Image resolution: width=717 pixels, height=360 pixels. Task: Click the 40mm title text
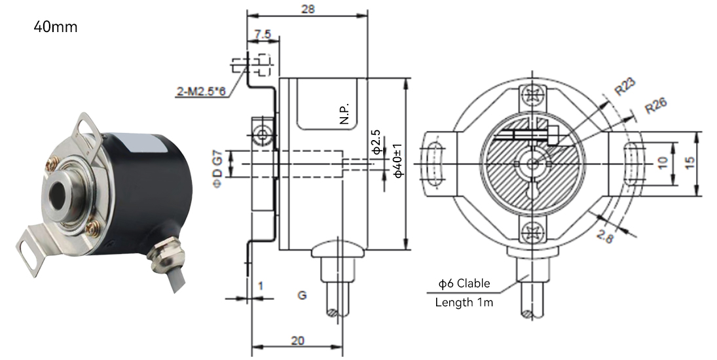(x=55, y=27)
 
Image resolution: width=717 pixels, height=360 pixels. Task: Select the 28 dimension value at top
(x=308, y=9)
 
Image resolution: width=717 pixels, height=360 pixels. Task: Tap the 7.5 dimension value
(x=263, y=35)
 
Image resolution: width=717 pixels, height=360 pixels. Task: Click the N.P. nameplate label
(x=344, y=113)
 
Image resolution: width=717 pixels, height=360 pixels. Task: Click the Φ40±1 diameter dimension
(x=398, y=160)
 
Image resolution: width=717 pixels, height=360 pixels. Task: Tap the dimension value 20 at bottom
(x=298, y=341)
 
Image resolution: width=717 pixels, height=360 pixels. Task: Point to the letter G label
(x=303, y=295)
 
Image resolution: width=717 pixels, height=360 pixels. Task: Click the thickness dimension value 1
(x=261, y=286)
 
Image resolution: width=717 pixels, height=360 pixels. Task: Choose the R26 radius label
(x=655, y=105)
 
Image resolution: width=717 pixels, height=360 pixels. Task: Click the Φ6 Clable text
(x=464, y=283)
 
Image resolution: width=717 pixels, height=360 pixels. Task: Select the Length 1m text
(x=464, y=302)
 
